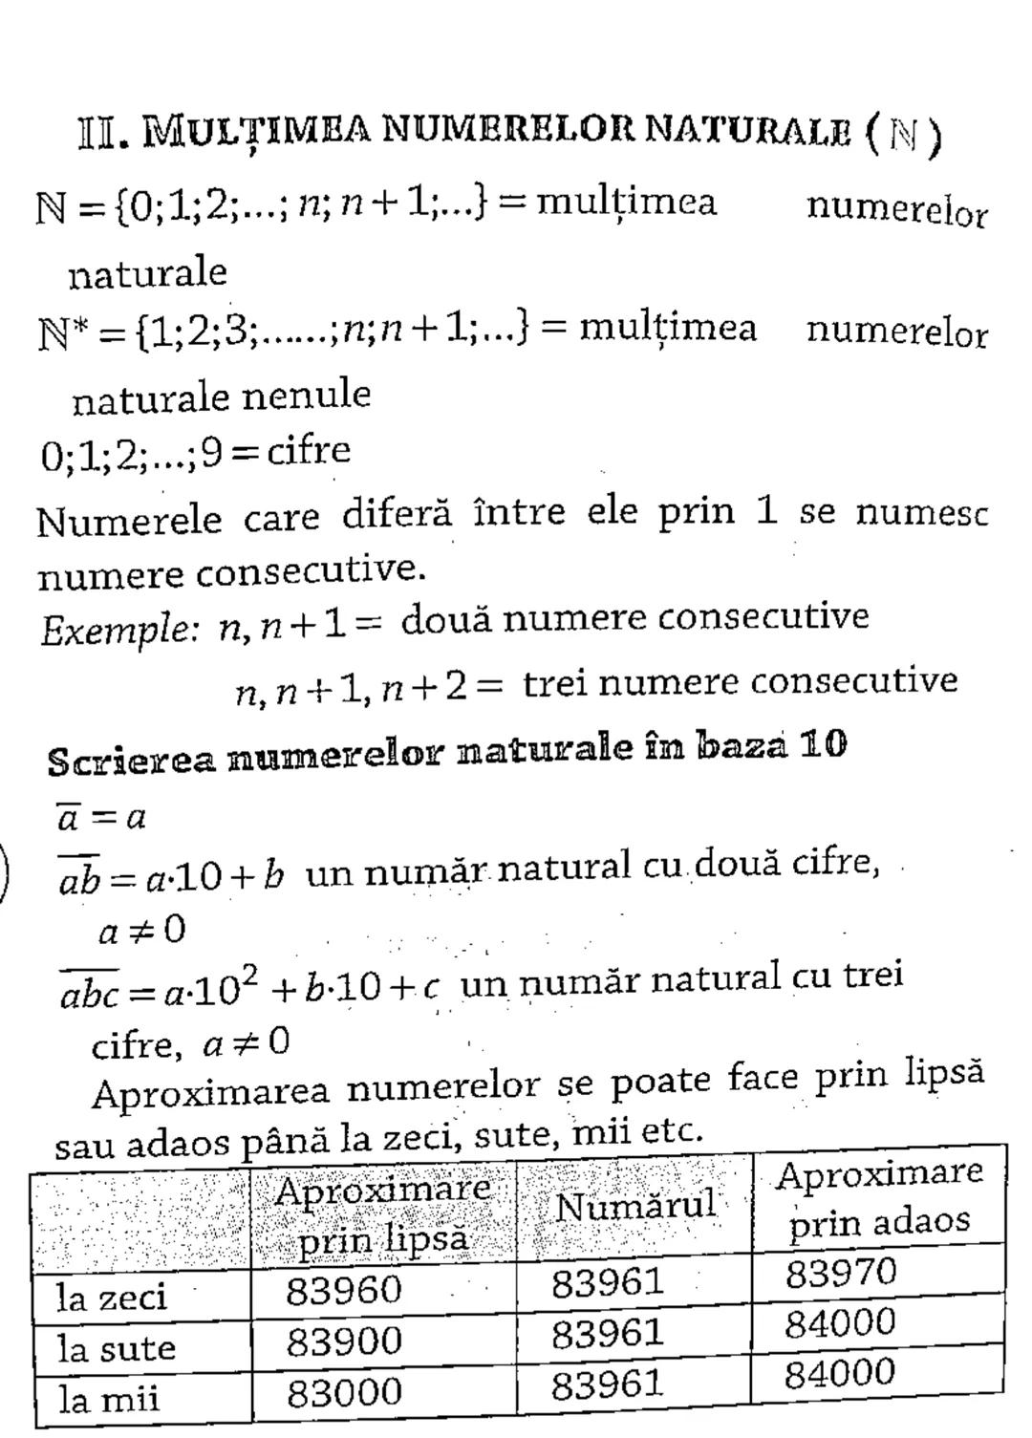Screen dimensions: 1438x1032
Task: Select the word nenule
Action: pos(306,394)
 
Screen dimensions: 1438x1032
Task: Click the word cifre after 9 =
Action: pos(309,449)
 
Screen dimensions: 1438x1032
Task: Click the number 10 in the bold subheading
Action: pos(823,745)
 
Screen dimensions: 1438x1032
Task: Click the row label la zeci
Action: pos(111,1298)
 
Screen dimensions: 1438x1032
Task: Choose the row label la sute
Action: pos(116,1348)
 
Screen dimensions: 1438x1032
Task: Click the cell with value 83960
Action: pos(344,1291)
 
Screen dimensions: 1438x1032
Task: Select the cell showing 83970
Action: pos(841,1273)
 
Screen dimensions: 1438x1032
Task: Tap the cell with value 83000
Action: pos(344,1392)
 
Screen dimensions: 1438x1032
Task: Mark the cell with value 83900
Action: pos(344,1341)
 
